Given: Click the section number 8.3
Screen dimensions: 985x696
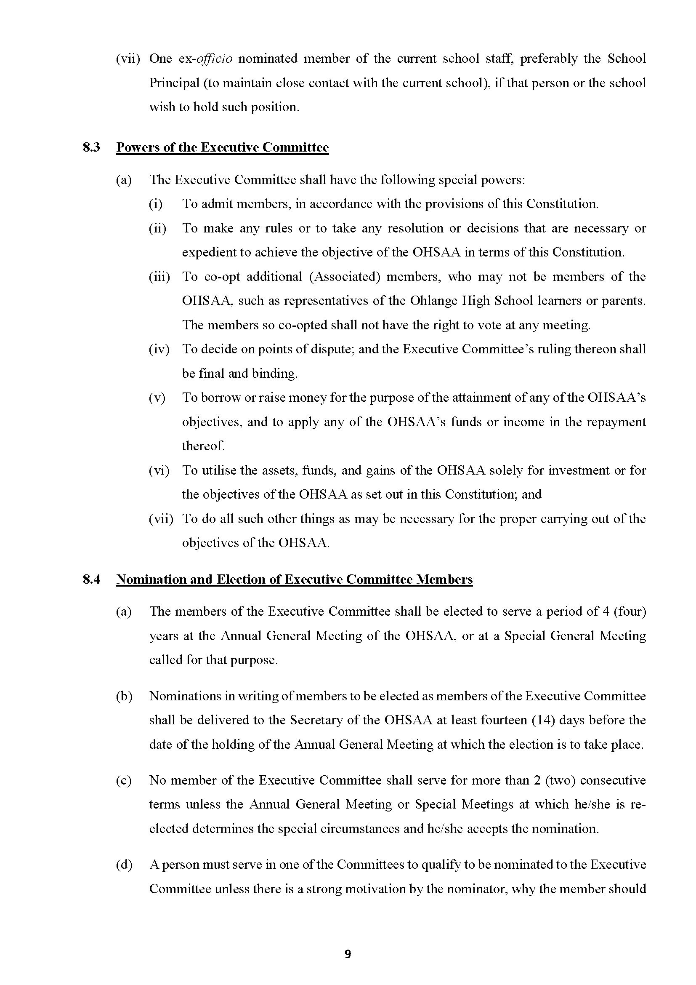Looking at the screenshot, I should (91, 147).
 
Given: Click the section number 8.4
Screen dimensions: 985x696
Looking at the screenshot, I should (91, 579).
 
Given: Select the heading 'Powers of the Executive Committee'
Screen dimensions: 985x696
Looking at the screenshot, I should (223, 147).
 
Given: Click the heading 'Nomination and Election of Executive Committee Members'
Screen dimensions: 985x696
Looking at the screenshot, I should (295, 579).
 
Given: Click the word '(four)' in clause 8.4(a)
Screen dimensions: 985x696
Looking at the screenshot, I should (630, 611).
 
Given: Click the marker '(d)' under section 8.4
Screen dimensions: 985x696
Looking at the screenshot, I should (124, 865).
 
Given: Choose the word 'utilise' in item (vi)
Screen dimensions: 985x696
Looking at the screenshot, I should (219, 471).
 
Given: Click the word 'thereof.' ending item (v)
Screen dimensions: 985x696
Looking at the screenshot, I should (203, 446).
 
